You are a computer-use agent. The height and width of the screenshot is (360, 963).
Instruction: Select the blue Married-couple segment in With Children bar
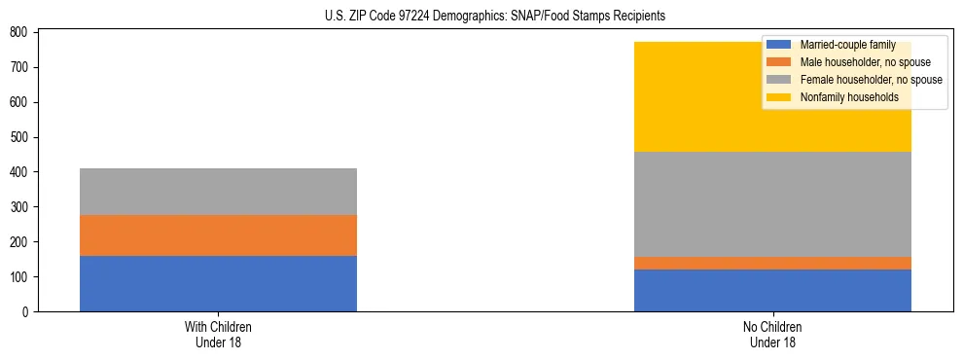(218, 283)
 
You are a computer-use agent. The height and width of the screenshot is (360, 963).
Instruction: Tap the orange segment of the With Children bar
(218, 235)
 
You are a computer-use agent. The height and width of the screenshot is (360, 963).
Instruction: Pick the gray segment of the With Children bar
(218, 192)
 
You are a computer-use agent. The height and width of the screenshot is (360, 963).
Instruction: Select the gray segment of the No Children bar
(772, 204)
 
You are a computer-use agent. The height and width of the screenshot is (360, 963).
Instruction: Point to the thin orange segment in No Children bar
(772, 263)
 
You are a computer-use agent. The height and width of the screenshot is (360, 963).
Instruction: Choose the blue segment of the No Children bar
(772, 290)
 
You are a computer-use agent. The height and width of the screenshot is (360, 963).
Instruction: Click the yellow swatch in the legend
(779, 97)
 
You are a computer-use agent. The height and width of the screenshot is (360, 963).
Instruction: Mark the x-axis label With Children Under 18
(218, 334)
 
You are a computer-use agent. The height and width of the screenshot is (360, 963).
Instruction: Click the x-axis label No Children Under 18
(772, 334)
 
